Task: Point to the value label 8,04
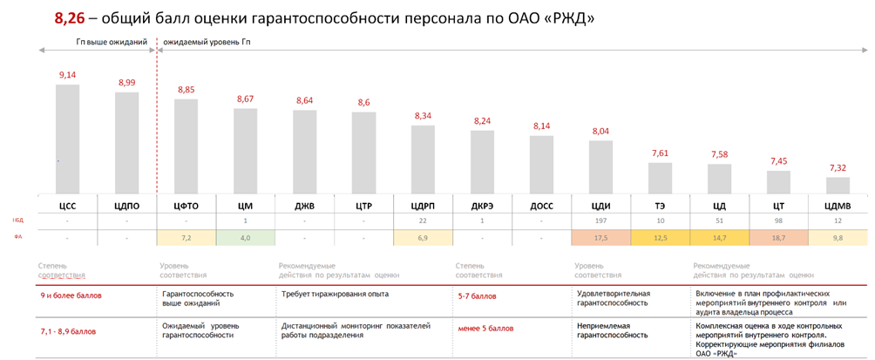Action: (x=601, y=131)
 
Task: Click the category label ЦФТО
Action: (x=186, y=206)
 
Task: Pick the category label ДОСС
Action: (x=541, y=206)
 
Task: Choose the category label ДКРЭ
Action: (x=482, y=206)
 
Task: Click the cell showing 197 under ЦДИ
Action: (x=600, y=221)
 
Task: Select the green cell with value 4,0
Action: (x=245, y=238)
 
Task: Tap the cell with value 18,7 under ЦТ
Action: (x=778, y=238)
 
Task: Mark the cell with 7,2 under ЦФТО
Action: (x=186, y=238)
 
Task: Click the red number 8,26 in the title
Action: (x=71, y=18)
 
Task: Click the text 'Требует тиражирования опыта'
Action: (x=335, y=295)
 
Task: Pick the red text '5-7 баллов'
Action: (x=477, y=296)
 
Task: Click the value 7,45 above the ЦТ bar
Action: (x=778, y=160)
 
